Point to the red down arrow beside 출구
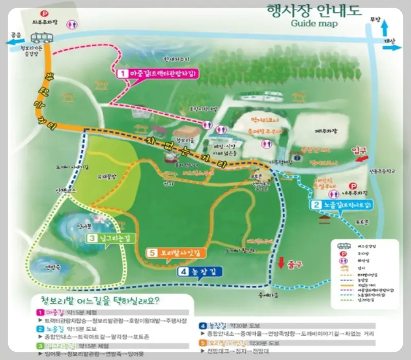point(281,263)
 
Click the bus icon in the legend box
point(340,246)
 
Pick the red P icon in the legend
point(340,254)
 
